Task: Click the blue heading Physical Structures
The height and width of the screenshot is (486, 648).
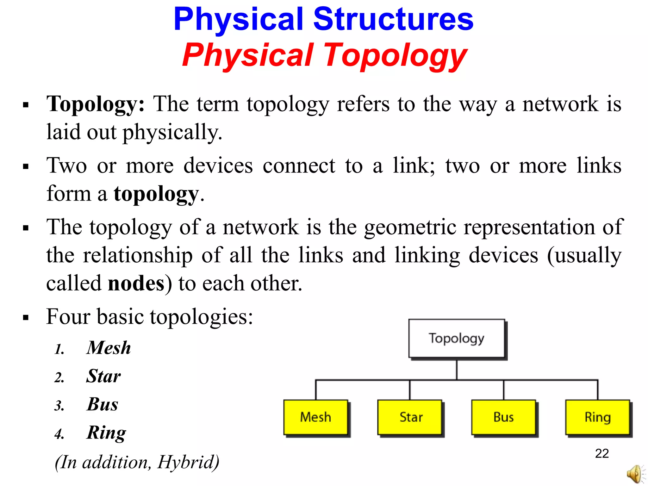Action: (323, 20)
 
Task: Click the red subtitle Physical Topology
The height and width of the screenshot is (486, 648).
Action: (325, 55)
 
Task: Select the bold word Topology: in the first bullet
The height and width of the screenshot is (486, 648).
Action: (95, 104)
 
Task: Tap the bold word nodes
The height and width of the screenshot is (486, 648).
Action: (136, 283)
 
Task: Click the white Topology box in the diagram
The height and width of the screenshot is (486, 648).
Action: (456, 338)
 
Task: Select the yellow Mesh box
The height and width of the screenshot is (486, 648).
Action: (315, 417)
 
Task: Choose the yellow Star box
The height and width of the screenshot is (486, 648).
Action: (410, 417)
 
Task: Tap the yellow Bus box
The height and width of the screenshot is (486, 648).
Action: (503, 417)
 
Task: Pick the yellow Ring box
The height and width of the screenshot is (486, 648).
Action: (597, 417)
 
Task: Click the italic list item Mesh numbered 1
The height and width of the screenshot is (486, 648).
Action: (109, 348)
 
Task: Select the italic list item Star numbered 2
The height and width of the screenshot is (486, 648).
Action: (103, 376)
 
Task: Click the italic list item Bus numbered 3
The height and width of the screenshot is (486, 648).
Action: (102, 404)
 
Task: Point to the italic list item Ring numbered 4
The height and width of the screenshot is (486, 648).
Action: (106, 433)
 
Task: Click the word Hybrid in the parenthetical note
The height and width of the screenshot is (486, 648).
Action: (187, 462)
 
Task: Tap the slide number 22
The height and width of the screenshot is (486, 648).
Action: (602, 453)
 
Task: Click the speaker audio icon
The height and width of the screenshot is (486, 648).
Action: (635, 474)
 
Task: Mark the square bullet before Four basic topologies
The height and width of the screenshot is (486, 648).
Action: (26, 317)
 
